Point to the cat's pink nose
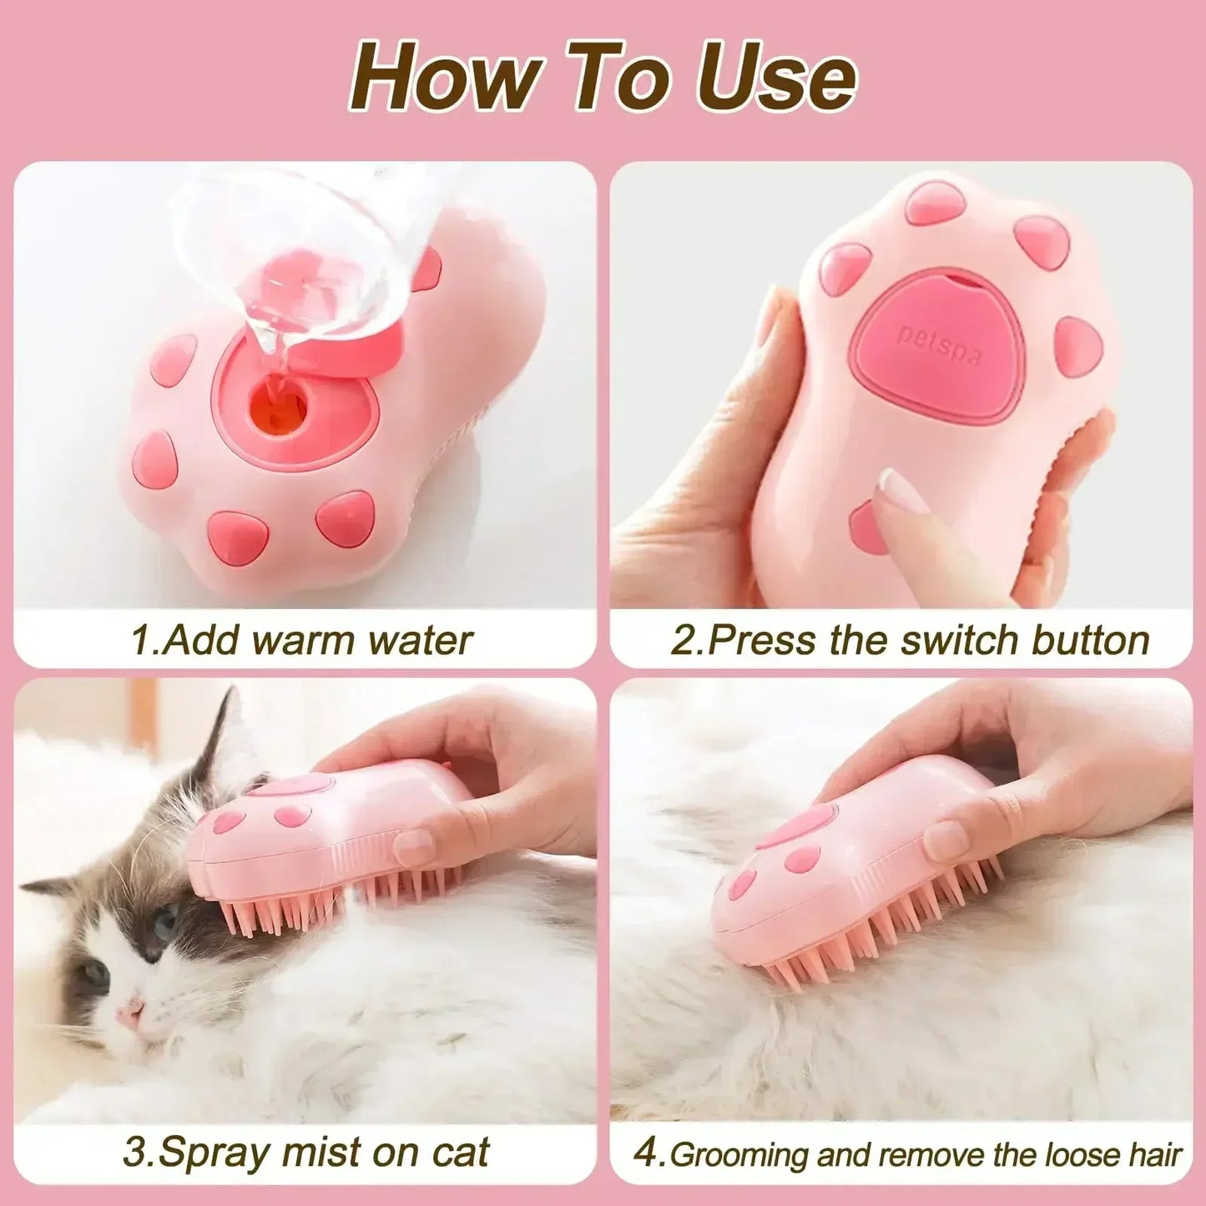pyautogui.click(x=130, y=1012)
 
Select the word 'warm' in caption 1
pyautogui.click(x=304, y=641)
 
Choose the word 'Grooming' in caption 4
pyautogui.click(x=739, y=1155)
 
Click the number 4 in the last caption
pyautogui.click(x=646, y=1153)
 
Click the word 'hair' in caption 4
pyautogui.click(x=1155, y=1155)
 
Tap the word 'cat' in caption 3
pyautogui.click(x=459, y=1153)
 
